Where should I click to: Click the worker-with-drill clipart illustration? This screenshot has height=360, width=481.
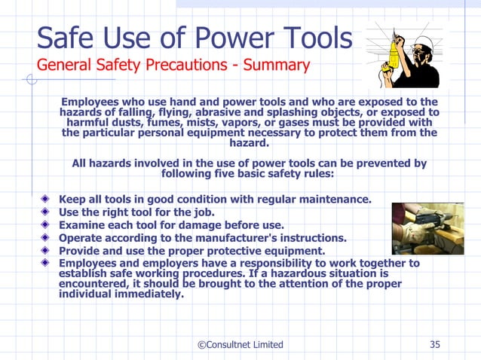403,53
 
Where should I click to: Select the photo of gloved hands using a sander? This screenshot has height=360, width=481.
427,228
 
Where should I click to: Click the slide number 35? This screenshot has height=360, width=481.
435,344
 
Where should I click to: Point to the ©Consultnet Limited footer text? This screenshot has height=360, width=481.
240,344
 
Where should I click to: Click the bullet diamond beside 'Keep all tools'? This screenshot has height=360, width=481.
47,200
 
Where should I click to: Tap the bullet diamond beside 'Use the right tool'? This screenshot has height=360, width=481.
47,212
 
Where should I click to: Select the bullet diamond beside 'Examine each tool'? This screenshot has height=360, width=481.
47,225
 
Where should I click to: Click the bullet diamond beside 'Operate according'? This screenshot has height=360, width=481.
47,238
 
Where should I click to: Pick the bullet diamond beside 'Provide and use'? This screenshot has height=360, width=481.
47,251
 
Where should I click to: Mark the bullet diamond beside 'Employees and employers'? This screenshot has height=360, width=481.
47,264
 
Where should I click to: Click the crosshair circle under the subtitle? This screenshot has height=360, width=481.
31,78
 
